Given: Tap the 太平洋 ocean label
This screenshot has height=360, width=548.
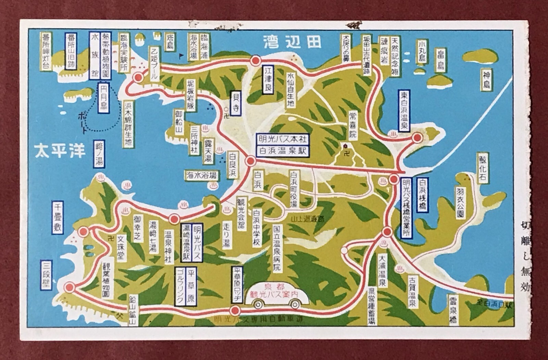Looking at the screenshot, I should (x=60, y=151).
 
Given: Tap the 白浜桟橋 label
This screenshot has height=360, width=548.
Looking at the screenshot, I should (x=422, y=195).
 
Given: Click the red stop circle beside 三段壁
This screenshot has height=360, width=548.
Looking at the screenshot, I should (x=70, y=288).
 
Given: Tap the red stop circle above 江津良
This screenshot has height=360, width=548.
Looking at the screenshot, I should (x=255, y=61).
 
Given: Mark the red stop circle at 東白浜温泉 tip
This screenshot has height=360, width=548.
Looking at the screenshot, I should (x=417, y=138).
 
